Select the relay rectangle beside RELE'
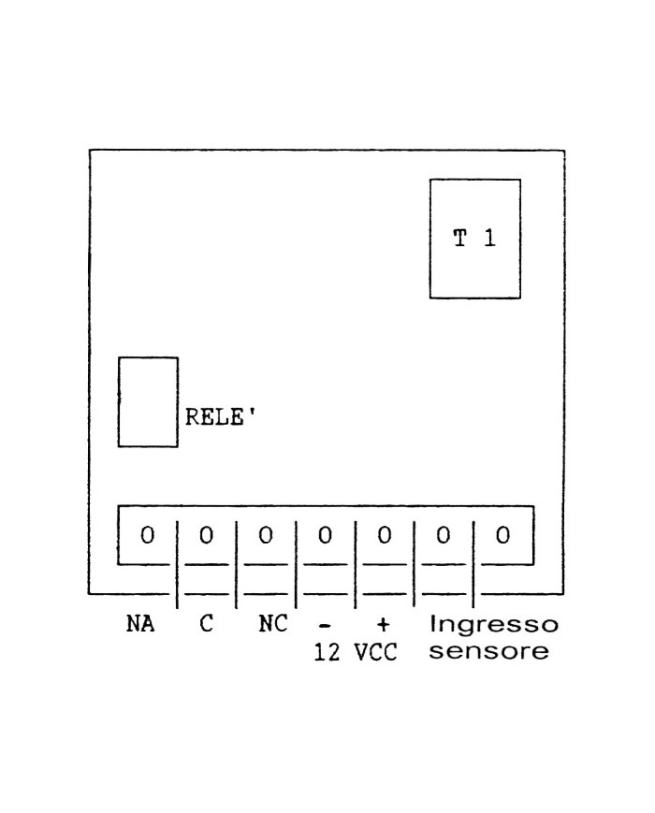pos(148,401)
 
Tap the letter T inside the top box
pos(459,239)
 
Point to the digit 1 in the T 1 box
pos(489,239)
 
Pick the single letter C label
pos(207,624)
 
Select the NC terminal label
pos(273,624)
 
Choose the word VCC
pos(376,652)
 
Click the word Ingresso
pos(493,624)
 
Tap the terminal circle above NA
pos(147,536)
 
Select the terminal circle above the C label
pos(207,536)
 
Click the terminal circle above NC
pos(266,536)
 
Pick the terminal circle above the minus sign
pos(325,536)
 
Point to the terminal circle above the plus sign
pos(384,536)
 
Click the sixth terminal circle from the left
pos(444,536)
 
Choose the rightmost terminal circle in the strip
pos(502,536)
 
